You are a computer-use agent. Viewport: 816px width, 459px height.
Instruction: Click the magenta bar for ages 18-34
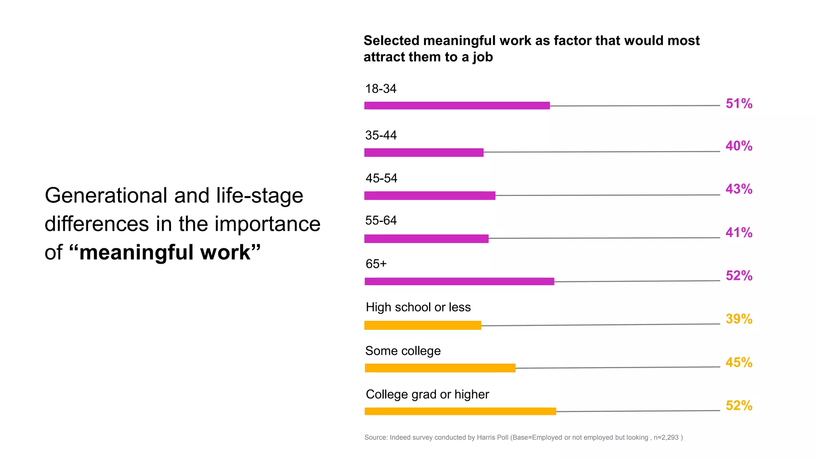457,106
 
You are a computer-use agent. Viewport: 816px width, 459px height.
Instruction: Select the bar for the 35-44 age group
424,153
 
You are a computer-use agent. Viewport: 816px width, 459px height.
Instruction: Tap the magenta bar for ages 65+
459,281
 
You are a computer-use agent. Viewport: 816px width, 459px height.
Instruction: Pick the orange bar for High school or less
422,326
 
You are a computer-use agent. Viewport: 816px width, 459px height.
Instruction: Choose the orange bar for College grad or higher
460,411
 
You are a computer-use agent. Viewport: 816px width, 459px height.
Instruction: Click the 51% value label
739,104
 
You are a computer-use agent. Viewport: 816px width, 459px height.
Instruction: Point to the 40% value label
739,146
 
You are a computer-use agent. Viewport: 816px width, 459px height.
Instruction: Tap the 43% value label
739,189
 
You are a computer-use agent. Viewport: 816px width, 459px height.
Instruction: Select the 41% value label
739,232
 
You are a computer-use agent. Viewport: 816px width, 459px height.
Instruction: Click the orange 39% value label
739,319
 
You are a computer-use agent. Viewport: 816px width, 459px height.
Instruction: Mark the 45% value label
739,362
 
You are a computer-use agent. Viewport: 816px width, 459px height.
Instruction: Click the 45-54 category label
381,178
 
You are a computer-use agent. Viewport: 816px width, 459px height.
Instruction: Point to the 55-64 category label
381,220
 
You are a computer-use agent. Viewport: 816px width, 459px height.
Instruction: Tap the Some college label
402,351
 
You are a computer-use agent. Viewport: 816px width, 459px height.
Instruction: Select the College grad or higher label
427,394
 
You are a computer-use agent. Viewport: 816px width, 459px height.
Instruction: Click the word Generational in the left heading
106,196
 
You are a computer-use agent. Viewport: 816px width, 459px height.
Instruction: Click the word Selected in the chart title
391,41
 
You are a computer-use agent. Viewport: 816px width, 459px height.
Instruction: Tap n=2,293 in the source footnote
666,437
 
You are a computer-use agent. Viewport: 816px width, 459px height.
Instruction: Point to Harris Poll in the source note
492,437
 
